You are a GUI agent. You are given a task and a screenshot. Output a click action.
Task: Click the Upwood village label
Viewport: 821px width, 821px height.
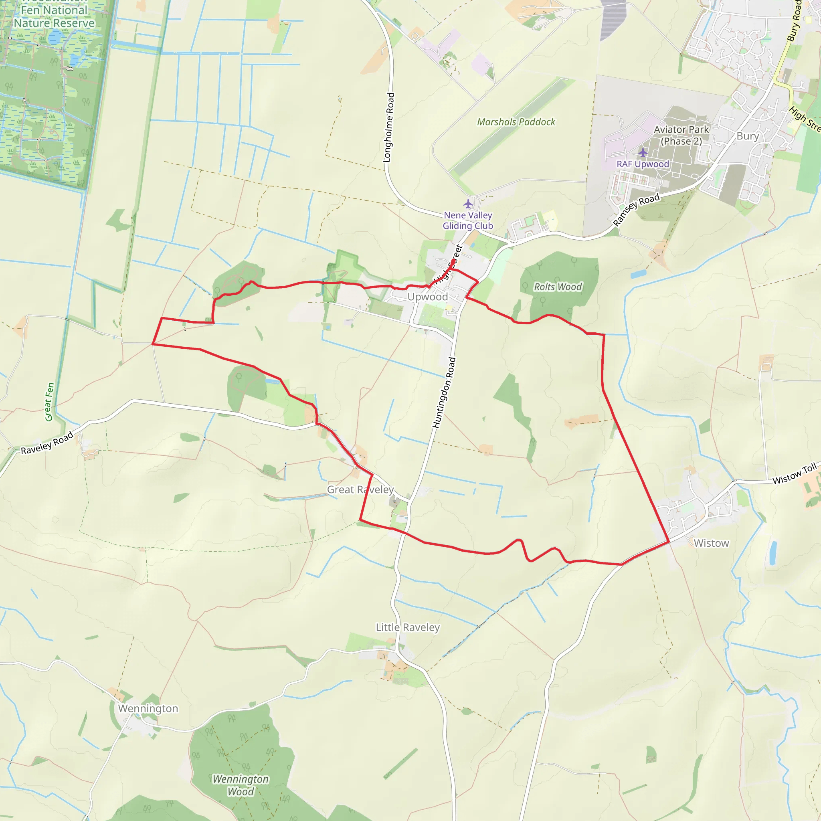pos(427,297)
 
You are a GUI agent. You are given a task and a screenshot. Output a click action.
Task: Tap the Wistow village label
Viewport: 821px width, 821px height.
pos(712,543)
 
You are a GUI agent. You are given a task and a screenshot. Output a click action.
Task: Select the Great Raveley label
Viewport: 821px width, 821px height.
pos(360,489)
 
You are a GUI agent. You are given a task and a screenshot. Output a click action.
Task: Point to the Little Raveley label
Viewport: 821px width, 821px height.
pos(408,627)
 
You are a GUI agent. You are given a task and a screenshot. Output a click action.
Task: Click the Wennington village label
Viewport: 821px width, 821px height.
pos(148,708)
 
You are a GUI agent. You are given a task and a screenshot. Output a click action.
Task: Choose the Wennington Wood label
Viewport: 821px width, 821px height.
pos(241,785)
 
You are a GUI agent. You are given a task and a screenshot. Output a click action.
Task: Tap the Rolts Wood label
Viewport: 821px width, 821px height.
pos(558,287)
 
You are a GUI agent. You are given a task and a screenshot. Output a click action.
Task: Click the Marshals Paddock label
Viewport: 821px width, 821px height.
pos(516,122)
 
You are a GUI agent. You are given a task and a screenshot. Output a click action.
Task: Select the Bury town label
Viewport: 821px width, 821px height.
pos(748,136)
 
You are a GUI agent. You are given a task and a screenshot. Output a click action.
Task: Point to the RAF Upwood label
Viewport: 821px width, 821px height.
pos(643,164)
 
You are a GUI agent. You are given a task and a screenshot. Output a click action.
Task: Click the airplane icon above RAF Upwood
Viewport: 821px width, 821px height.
pos(643,152)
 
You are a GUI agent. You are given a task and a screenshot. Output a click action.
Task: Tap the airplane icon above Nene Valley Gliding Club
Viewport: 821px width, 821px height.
pos(468,204)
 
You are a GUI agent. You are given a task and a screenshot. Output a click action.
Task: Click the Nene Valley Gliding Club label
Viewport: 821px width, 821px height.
pos(468,220)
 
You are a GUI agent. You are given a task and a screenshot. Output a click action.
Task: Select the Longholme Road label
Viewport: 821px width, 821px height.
pos(389,127)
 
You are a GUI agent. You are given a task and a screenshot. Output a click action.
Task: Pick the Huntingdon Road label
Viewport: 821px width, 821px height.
pos(444,392)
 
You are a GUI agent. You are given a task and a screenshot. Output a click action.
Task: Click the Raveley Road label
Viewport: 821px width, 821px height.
pos(47,443)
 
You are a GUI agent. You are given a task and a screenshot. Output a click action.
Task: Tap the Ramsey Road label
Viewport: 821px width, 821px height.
pos(636,209)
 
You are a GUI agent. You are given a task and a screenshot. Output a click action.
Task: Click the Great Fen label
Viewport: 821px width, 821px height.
pos(50,402)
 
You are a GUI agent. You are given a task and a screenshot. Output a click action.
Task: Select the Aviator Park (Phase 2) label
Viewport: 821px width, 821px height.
pos(681,135)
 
